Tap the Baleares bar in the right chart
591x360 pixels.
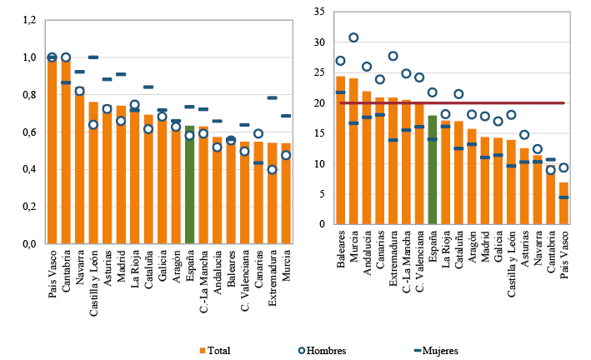click(340, 150)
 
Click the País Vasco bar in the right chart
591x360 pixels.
click(564, 203)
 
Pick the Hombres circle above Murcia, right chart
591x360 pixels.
click(353, 37)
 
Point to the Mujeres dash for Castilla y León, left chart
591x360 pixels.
click(93, 57)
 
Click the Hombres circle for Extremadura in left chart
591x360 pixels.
click(272, 170)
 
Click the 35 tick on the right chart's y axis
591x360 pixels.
click(318, 12)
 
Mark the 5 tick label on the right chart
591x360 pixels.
click(321, 194)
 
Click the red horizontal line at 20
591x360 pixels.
click(500, 103)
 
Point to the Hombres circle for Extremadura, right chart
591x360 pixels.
click(393, 56)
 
